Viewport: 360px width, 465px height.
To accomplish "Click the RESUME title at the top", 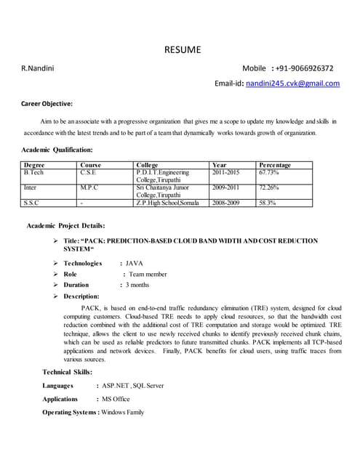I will tap(181, 50).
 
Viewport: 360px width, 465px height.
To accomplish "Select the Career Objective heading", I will tap(47, 103).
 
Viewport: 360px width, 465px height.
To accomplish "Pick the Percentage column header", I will tap(274, 166).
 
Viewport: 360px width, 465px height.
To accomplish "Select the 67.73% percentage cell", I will tap(268, 173).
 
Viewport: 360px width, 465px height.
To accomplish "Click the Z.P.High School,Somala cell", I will tap(167, 203).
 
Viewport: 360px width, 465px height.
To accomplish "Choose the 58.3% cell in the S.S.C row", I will tap(267, 203).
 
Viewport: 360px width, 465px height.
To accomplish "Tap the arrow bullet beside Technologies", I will tap(56, 263).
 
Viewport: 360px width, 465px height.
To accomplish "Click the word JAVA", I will tap(135, 263).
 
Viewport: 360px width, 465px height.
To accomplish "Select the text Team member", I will tap(148, 275).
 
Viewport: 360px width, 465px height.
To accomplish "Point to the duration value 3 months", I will tap(138, 286).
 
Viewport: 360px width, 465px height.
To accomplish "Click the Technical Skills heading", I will tap(67, 372).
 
